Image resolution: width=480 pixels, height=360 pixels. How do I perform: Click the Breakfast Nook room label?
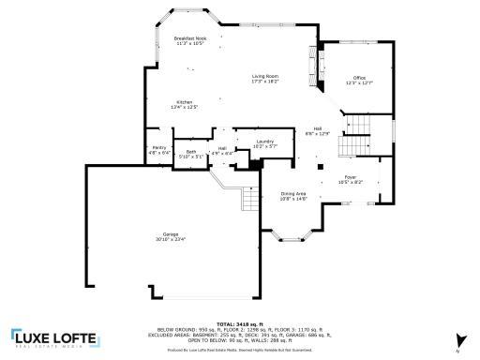tap(189, 38)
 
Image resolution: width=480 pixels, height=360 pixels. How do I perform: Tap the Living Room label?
tap(264, 76)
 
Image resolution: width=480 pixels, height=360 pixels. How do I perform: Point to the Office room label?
tap(358, 77)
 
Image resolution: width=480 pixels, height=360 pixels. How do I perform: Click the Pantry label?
tap(159, 146)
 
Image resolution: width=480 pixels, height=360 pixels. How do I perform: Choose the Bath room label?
tap(191, 151)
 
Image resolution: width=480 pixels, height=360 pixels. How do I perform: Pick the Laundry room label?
tap(264, 141)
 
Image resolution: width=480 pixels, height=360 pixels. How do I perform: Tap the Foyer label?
tap(350, 175)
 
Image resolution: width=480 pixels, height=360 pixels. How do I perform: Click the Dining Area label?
tap(293, 192)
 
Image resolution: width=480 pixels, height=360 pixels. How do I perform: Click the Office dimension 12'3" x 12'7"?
tap(358, 82)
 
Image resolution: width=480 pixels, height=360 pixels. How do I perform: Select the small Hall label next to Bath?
tap(222, 149)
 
